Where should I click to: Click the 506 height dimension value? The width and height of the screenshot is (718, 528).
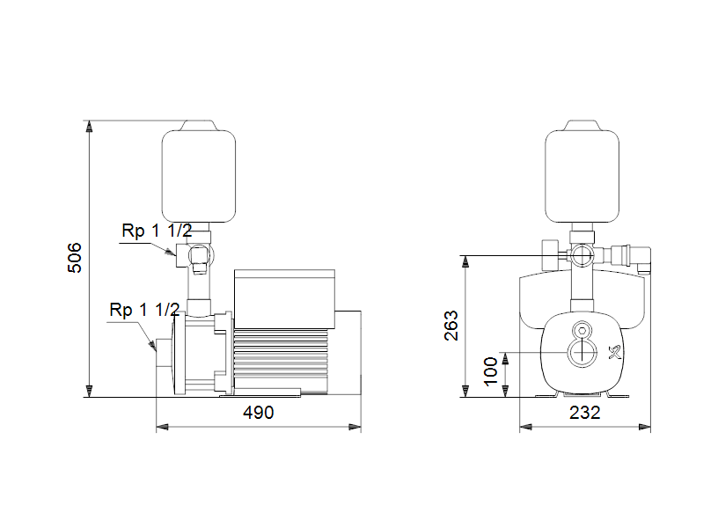coord(76,256)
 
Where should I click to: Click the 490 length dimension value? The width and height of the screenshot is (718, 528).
coord(258,412)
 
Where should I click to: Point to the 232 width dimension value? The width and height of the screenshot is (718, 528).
coord(585,412)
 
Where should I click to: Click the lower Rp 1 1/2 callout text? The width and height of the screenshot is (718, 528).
coord(144,310)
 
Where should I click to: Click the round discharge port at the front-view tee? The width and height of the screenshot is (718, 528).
coord(582,256)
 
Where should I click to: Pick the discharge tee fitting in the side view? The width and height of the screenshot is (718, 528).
coord(197,256)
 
